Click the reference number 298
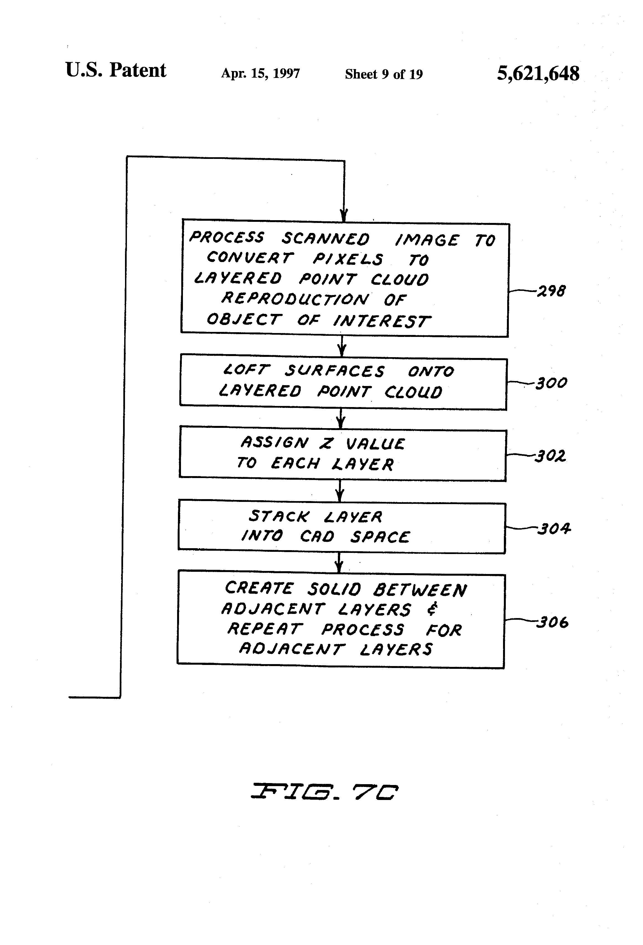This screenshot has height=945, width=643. click(x=551, y=291)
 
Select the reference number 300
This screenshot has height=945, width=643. click(x=552, y=383)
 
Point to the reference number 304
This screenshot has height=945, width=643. click(x=554, y=529)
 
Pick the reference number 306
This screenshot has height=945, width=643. click(x=552, y=622)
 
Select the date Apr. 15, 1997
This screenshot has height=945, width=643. click(x=261, y=73)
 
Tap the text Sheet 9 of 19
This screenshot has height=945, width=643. click(x=384, y=74)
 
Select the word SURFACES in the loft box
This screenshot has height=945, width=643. click(x=334, y=371)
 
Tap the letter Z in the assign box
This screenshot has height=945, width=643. click(x=326, y=443)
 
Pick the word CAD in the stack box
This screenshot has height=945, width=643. click(x=317, y=536)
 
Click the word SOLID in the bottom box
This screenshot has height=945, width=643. click(x=334, y=589)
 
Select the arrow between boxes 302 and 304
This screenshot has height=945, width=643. click(x=340, y=491)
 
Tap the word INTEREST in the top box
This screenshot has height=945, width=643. click(x=381, y=321)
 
